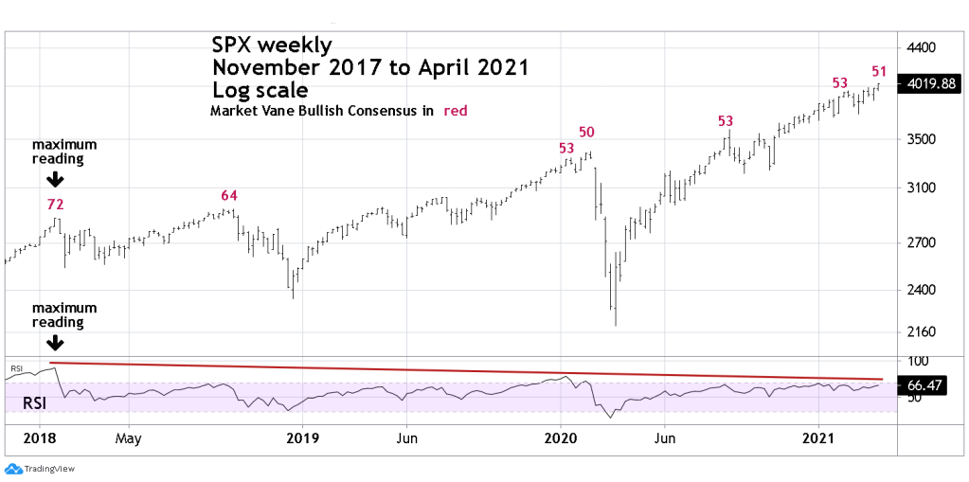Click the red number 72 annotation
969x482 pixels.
tap(56, 204)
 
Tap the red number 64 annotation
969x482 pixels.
tap(228, 196)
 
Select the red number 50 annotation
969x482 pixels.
tap(586, 132)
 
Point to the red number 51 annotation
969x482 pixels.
tap(879, 71)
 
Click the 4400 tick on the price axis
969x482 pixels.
tap(923, 47)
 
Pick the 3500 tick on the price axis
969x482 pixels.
tap(923, 139)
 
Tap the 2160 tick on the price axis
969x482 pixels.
tap(923, 332)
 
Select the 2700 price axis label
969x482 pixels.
tap(923, 243)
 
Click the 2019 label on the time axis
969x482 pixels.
tap(301, 438)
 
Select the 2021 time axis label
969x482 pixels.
tap(818, 438)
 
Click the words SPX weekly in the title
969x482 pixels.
tap(271, 45)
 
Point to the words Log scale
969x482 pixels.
tap(260, 90)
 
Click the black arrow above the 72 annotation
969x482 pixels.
tap(55, 179)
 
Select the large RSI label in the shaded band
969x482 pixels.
tap(32, 403)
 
